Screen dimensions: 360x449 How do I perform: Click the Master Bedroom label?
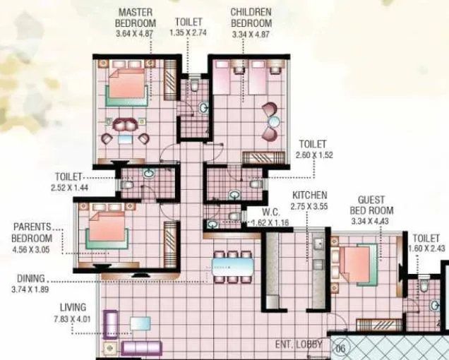[x=136, y=18]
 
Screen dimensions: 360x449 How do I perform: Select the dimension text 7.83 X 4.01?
[x=73, y=318]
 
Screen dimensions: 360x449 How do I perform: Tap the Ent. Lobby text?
[x=299, y=344]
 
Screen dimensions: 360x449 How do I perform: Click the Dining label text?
[x=32, y=278]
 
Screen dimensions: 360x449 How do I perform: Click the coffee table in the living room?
[x=140, y=324]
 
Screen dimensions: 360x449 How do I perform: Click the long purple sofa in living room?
[x=141, y=347]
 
